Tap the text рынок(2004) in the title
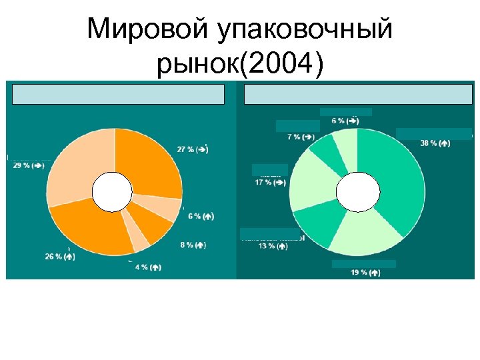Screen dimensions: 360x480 [240, 65]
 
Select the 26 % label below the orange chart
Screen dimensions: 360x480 [59, 256]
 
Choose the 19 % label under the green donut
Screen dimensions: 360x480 [365, 273]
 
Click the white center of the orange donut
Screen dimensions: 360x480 [112, 192]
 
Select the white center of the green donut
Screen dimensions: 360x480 [357, 193]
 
